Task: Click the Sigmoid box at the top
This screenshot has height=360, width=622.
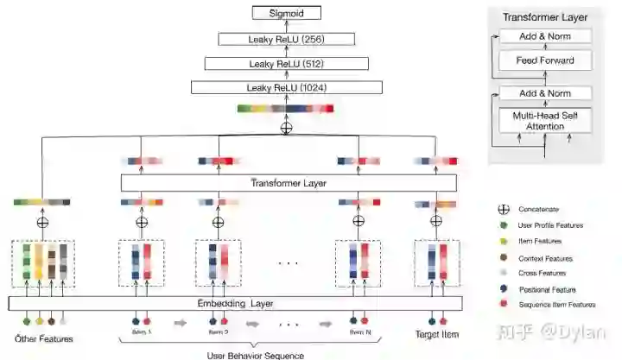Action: pyautogui.click(x=286, y=13)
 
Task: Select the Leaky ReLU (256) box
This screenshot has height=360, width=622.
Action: pyautogui.click(x=286, y=38)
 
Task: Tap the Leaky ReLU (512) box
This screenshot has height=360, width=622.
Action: pyautogui.click(x=286, y=63)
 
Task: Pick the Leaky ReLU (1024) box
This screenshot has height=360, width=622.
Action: pyautogui.click(x=286, y=87)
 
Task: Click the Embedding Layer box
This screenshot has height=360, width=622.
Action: pyautogui.click(x=235, y=303)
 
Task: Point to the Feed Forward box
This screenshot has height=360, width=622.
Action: pyautogui.click(x=545, y=60)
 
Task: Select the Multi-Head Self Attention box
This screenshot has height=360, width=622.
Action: pyautogui.click(x=545, y=120)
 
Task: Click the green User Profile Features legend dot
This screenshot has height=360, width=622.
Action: pyautogui.click(x=503, y=225)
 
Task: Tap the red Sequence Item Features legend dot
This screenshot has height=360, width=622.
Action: pyautogui.click(x=503, y=304)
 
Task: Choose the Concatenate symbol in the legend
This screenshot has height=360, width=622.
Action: pyautogui.click(x=503, y=209)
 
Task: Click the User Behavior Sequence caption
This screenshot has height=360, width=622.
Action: pyautogui.click(x=244, y=353)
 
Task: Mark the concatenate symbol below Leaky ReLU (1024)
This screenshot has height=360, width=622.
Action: pyautogui.click(x=286, y=126)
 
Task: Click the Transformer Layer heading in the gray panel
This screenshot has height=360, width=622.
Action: pyautogui.click(x=545, y=17)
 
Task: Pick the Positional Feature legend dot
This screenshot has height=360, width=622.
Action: pyautogui.click(x=503, y=289)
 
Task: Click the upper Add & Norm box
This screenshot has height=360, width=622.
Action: pyautogui.click(x=545, y=36)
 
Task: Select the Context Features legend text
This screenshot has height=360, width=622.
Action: pyautogui.click(x=545, y=258)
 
